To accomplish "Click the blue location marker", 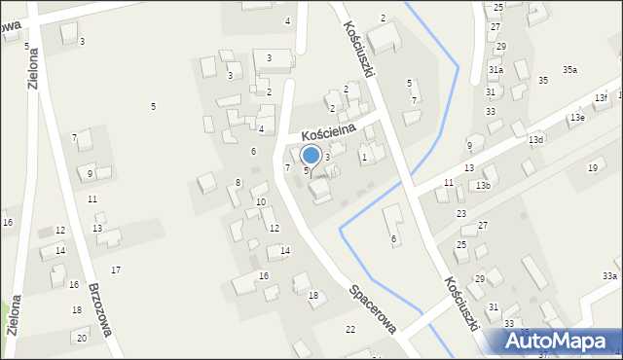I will click(x=311, y=156).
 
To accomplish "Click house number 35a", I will click(x=569, y=70).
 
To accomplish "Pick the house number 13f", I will click(x=601, y=98).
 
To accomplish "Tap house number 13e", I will click(x=577, y=118).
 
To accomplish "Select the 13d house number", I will click(x=536, y=140).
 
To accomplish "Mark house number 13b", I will click(x=483, y=185).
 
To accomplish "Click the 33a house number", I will click(x=609, y=276).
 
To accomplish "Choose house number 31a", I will click(x=495, y=70).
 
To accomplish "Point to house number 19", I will click(x=592, y=168).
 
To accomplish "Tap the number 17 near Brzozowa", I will click(x=116, y=270).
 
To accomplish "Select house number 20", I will click(x=81, y=338).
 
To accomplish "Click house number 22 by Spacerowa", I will click(x=350, y=330).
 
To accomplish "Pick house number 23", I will click(x=461, y=213).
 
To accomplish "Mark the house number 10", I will click(x=260, y=202).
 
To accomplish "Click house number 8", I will click(x=238, y=183).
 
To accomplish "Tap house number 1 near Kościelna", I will click(x=364, y=157).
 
